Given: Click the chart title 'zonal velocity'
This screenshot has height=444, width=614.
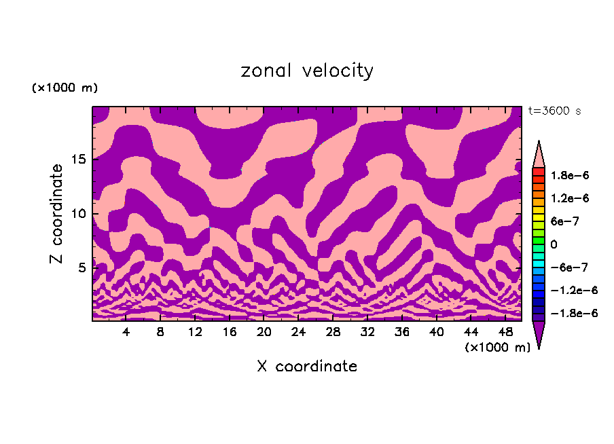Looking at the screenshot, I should tap(307, 71).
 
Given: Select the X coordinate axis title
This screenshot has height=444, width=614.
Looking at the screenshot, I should tap(307, 367).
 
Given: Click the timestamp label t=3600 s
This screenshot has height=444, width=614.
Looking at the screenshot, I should tap(554, 111).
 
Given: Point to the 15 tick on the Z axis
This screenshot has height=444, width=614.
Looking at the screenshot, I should tap(79, 160).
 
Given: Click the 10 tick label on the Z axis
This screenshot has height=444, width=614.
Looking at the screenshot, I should tap(79, 214).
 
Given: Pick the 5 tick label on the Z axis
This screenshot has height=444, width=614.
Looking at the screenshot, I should tap(83, 268).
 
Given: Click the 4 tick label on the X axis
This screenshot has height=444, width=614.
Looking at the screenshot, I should tap(126, 333).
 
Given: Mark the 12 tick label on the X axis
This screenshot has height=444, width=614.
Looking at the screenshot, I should tap(195, 333).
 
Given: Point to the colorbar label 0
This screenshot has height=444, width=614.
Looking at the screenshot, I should tap(553, 244).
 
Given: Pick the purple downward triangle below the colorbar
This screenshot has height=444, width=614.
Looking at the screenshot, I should tap(539, 334).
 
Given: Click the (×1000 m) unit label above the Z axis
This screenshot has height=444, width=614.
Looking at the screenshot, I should tap(65, 88).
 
